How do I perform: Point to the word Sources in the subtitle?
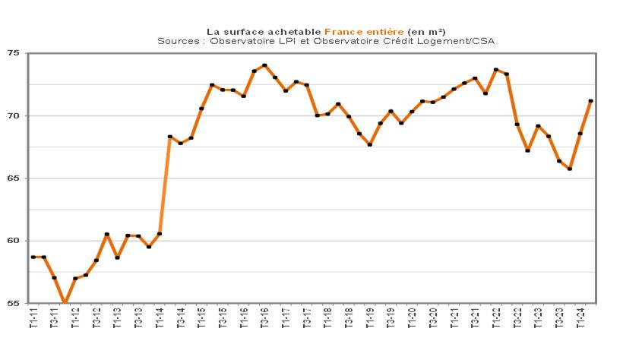[177, 41]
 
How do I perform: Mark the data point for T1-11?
[33, 257]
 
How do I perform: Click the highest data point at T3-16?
[264, 65]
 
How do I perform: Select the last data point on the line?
[590, 101]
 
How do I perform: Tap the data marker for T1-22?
[496, 70]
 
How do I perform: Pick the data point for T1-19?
[370, 144]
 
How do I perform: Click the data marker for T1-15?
[201, 109]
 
